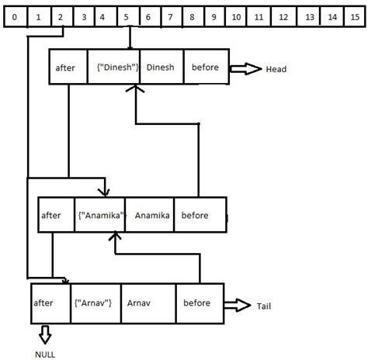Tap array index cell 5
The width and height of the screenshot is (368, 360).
pos(125,16)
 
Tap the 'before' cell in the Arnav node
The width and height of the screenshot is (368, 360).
pos(200,302)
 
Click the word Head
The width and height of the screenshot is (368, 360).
pos(276,69)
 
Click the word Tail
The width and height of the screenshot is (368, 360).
pos(264,306)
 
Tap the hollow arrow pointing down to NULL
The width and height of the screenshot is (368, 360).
pos(44,333)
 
